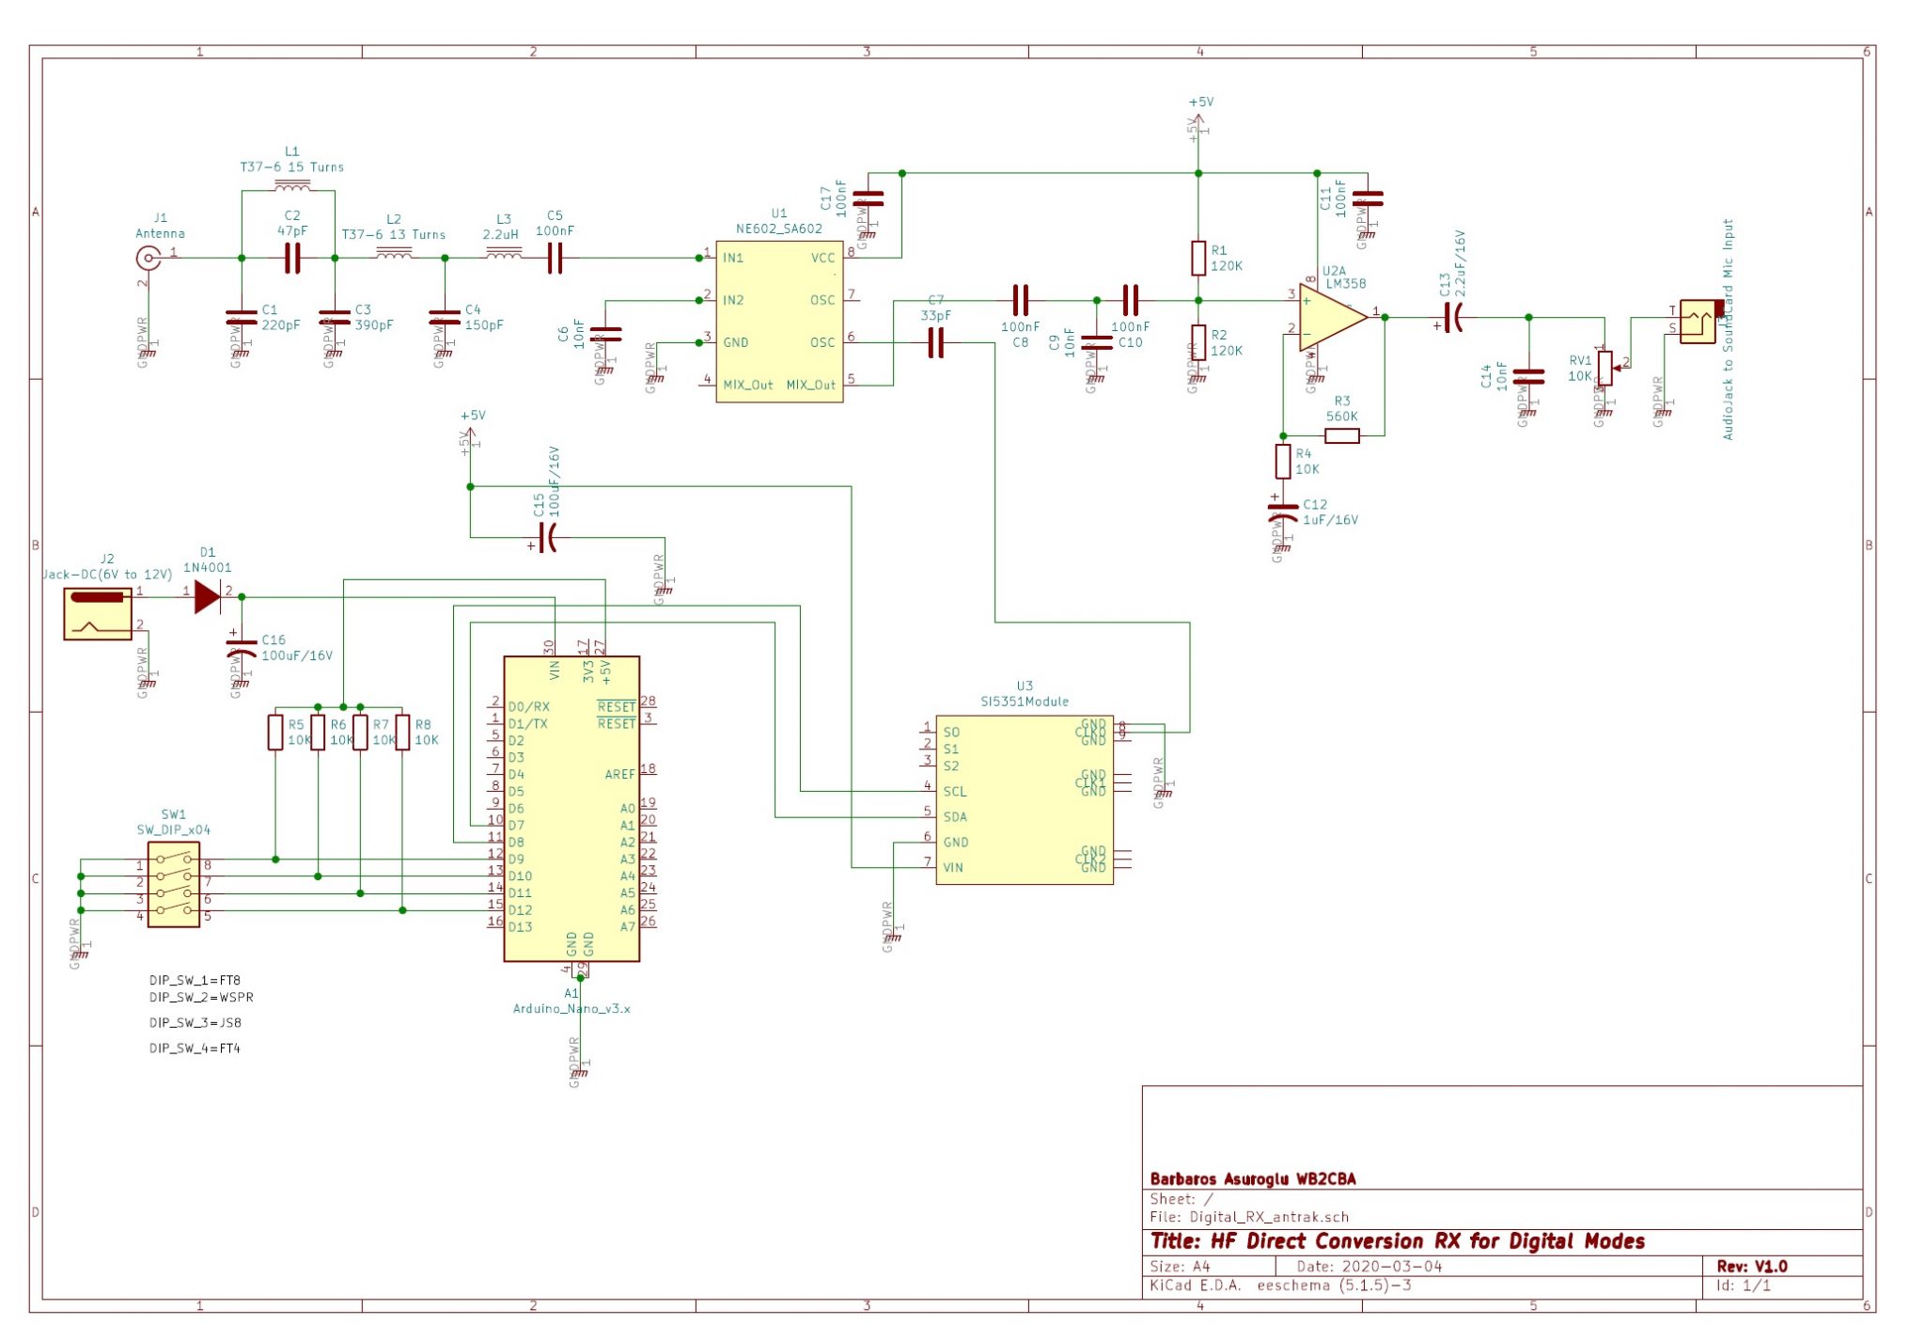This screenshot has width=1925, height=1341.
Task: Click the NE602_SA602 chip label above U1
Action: pyautogui.click(x=778, y=229)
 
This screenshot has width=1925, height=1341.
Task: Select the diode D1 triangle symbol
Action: pyautogui.click(x=207, y=596)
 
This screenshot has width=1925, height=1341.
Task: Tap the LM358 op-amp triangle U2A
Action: pyautogui.click(x=1331, y=317)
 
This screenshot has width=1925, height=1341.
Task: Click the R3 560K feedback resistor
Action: pyautogui.click(x=1341, y=435)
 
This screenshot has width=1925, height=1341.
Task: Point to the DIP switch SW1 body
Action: pyautogui.click(x=174, y=885)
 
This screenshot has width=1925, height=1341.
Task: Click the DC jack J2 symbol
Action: pyautogui.click(x=98, y=613)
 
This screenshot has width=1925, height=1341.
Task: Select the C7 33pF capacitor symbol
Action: pyautogui.click(x=935, y=343)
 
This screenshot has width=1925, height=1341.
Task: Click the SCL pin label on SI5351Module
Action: pyautogui.click(x=954, y=791)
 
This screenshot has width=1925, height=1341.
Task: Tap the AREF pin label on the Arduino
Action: pyautogui.click(x=619, y=774)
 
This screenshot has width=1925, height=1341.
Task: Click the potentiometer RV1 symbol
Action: pyautogui.click(x=1604, y=368)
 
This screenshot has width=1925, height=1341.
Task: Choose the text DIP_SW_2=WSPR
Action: pyautogui.click(x=201, y=997)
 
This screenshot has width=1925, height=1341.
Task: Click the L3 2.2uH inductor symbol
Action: pyautogui.click(x=505, y=253)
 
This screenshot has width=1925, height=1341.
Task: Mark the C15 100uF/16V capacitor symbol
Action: pyautogui.click(x=550, y=538)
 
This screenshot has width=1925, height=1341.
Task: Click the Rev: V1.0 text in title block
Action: pyautogui.click(x=1751, y=1266)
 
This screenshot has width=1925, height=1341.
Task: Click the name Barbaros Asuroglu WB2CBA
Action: pyautogui.click(x=1252, y=1178)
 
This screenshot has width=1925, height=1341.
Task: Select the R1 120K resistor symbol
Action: pyautogui.click(x=1198, y=258)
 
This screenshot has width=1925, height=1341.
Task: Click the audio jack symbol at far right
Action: pyautogui.click(x=1698, y=321)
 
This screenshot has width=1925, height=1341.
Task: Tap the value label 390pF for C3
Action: pyautogui.click(x=374, y=324)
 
